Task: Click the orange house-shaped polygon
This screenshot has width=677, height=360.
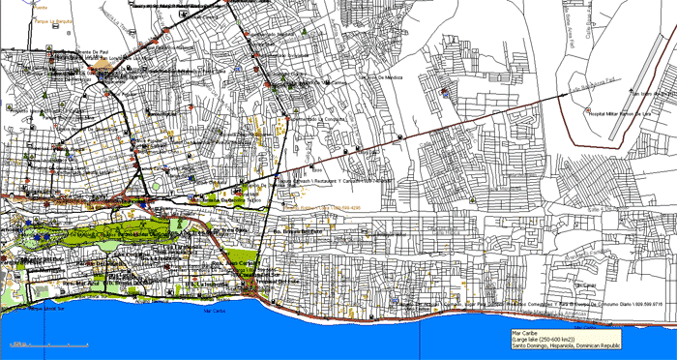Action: click(x=104, y=65)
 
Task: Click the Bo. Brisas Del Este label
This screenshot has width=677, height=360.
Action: click(x=295, y=233)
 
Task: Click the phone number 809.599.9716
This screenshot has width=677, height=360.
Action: click(x=644, y=305)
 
